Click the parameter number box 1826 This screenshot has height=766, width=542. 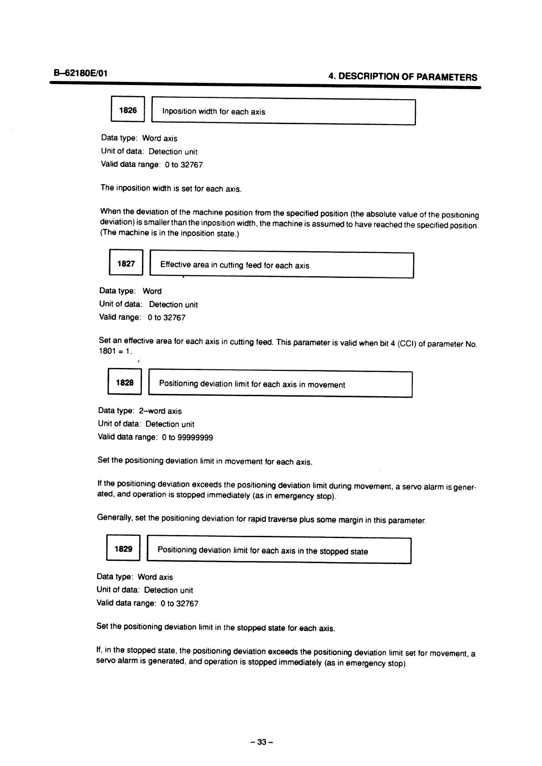click(x=127, y=110)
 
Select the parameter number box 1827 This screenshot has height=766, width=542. click(x=126, y=263)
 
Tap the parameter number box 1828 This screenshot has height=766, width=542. click(x=125, y=383)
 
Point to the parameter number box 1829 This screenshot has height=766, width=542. click(x=123, y=549)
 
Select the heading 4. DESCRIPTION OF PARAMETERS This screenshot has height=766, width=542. click(x=402, y=77)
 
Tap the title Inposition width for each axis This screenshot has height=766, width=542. click(x=213, y=112)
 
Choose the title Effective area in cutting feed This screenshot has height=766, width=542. click(x=234, y=266)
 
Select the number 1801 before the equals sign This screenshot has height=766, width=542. click(x=106, y=352)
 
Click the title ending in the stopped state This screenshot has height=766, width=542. click(x=262, y=551)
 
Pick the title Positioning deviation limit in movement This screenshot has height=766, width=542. click(x=252, y=385)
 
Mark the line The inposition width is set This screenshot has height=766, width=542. click(x=171, y=188)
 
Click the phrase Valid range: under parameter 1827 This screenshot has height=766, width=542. click(x=120, y=317)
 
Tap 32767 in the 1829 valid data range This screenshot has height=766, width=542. click(x=187, y=604)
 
